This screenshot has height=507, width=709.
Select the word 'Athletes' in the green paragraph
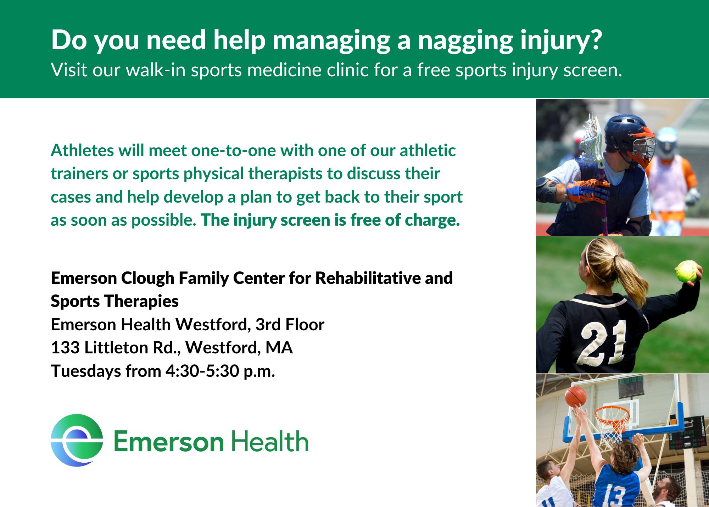point(82,150)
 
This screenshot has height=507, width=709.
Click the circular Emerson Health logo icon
point(77,440)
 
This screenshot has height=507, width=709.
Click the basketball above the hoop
point(576,397)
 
